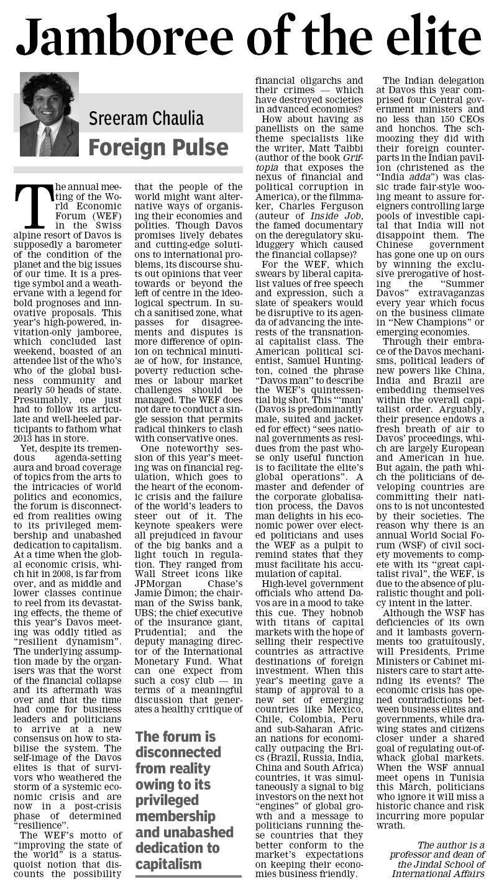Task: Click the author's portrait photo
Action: pos(49,114)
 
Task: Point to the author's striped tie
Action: pos(45,142)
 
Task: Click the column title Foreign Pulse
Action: pos(158,147)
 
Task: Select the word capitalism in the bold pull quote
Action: pos(169,863)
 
